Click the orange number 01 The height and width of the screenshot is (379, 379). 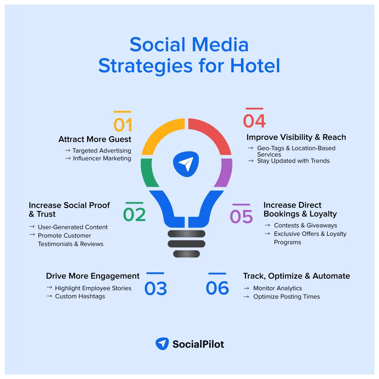122,125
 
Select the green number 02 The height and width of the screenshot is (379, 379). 134,215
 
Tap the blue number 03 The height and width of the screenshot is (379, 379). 155,288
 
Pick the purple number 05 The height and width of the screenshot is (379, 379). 241,217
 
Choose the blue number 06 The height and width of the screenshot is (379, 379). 217,288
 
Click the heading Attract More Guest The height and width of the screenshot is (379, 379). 95,139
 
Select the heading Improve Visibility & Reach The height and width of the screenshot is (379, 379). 296,137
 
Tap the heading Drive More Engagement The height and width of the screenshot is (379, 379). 93,276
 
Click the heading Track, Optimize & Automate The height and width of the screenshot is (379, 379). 296,276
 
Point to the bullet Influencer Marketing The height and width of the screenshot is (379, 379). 102,159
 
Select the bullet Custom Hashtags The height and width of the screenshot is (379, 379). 80,297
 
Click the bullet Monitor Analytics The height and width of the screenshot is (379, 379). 278,288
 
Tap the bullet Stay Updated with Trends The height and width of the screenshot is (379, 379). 293,161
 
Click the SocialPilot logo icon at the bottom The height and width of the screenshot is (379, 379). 162,344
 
